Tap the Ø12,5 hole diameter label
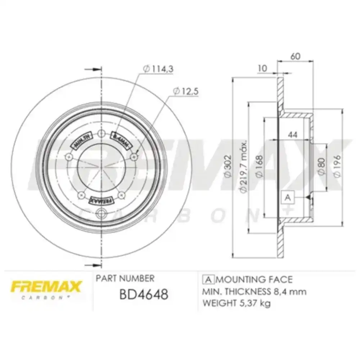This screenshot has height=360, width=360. click(185, 91)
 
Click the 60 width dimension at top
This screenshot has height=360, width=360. click(296, 57)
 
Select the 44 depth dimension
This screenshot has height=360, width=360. click(292, 135)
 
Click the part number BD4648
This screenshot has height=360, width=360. click(143, 294)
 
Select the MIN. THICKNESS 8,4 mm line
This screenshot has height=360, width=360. click(255, 292)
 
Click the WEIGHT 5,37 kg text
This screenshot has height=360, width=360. click(237, 303)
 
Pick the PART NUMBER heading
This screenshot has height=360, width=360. click(125, 278)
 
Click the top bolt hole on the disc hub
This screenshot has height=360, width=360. click(102, 134)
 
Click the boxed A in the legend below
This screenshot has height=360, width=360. click(208, 280)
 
